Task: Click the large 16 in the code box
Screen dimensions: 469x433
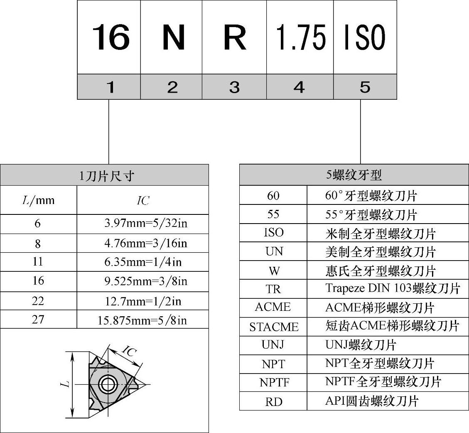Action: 110,37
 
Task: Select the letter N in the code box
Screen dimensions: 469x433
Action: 173,37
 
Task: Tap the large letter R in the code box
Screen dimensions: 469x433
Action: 235,37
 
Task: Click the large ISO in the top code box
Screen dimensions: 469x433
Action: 365,37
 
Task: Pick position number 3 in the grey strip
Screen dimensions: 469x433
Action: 235,87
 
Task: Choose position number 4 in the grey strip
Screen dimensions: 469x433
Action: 299,87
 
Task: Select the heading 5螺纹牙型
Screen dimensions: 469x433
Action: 354,175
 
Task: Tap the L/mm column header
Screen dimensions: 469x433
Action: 38,201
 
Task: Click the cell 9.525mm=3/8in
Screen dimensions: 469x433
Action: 145,281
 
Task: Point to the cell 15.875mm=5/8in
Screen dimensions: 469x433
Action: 142,320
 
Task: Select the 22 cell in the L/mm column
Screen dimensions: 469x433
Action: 38,301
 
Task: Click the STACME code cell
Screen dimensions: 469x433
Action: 274,327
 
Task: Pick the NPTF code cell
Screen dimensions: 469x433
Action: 274,382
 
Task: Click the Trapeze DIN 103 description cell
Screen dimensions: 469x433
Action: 393,289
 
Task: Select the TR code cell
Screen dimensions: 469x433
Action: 273,289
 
